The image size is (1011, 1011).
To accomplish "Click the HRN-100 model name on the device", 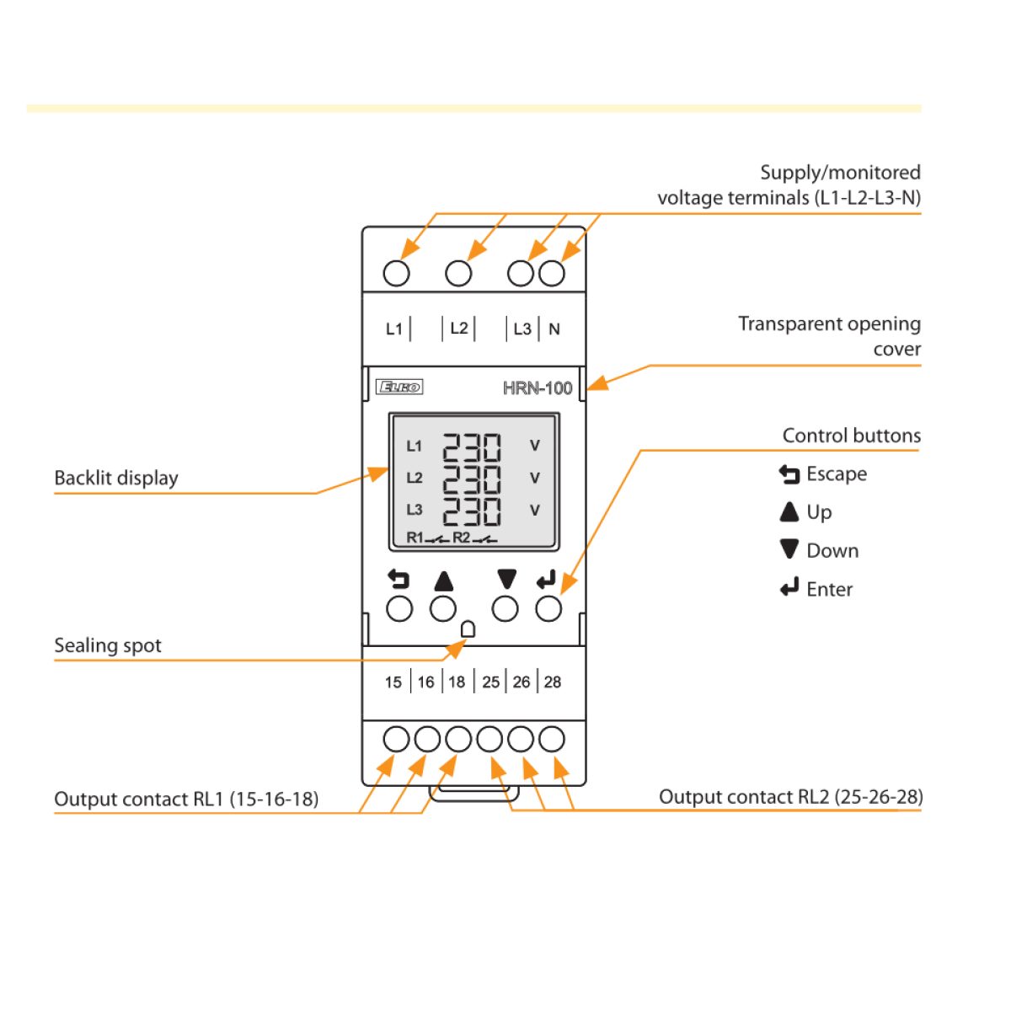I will (538, 388).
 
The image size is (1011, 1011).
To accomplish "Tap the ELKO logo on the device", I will (399, 387).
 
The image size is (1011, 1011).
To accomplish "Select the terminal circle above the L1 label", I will (396, 273).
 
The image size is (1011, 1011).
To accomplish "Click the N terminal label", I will (554, 329).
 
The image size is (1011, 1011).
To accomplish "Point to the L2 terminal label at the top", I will (459, 329).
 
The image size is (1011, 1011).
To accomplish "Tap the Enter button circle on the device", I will (548, 608).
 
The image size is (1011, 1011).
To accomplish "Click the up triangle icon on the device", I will (444, 581).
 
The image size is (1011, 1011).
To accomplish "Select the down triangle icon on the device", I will (506, 580).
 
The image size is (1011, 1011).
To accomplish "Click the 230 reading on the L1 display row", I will (472, 447).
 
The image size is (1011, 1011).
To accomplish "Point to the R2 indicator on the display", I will (462, 538).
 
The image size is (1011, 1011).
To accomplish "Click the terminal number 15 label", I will (393, 682).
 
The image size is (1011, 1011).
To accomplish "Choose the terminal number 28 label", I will (553, 682).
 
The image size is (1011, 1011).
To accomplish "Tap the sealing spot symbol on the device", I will (468, 629).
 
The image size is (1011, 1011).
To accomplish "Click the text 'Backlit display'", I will (116, 479).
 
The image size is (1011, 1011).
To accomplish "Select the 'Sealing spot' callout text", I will (108, 646).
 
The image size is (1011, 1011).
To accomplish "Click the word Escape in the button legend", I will (837, 474).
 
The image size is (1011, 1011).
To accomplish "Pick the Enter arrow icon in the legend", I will (789, 588).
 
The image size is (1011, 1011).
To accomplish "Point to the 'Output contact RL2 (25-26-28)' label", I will (790, 797).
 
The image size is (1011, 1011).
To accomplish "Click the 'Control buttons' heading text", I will (851, 436).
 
